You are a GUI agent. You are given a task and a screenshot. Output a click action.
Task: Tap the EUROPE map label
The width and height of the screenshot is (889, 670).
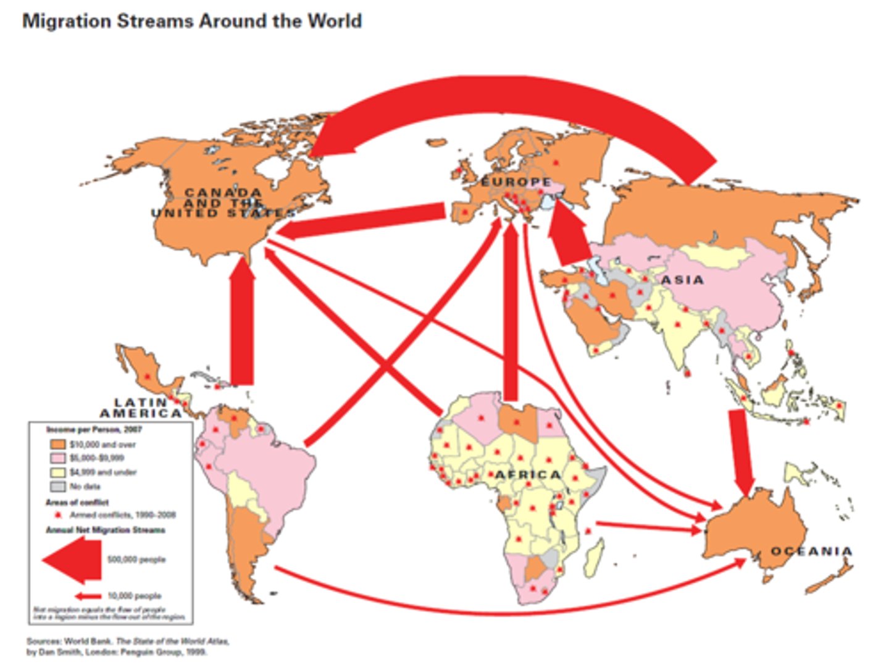[516, 182]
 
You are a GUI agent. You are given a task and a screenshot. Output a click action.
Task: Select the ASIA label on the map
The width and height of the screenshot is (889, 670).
[682, 280]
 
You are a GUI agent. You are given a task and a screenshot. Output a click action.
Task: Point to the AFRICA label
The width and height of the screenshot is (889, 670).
[528, 474]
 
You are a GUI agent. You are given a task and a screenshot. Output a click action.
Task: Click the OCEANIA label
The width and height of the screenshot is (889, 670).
[811, 551]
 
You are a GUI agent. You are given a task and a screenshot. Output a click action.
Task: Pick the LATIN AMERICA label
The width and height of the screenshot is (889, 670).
[141, 408]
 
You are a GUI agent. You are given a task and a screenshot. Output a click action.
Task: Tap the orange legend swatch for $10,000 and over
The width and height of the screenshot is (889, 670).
[57, 444]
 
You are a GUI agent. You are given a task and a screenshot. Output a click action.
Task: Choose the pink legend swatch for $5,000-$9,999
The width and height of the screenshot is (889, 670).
[57, 458]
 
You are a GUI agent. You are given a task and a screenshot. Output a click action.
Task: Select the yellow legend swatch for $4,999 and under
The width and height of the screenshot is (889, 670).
[57, 472]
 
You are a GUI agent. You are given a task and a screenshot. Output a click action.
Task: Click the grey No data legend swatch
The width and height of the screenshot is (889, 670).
[57, 487]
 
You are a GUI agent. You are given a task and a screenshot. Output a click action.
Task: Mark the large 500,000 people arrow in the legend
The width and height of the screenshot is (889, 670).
[73, 559]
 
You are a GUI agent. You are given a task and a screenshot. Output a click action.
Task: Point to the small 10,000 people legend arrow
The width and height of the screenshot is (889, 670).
[88, 596]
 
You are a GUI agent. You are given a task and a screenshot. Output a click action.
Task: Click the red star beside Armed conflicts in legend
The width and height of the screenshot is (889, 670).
[58, 515]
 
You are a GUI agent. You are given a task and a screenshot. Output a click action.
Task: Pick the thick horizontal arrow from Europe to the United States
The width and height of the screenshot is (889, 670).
[364, 221]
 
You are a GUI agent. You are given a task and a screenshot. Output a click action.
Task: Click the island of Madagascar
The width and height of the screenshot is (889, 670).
[594, 556]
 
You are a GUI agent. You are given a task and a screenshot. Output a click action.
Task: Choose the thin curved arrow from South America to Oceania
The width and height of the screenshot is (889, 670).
[494, 611]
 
